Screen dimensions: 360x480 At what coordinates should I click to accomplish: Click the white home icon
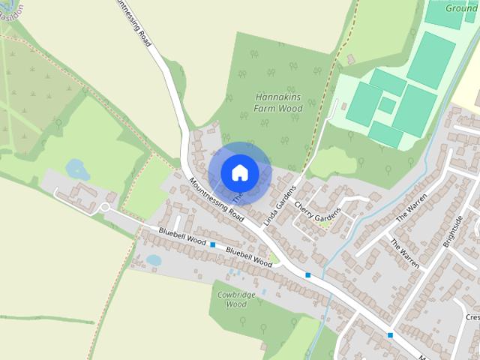click(x=239, y=172)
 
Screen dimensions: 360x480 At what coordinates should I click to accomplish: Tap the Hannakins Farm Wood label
click(x=278, y=103)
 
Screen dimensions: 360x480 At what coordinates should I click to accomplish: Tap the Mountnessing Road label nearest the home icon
click(x=217, y=200)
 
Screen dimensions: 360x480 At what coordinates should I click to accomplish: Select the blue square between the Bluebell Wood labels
click(x=213, y=245)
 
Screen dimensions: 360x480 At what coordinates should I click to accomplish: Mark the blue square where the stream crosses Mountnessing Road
click(x=307, y=275)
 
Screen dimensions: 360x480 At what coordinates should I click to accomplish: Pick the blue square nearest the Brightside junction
click(x=390, y=334)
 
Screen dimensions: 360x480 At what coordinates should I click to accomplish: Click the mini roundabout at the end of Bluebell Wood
click(x=106, y=208)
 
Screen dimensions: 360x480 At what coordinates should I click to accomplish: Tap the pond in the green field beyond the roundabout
click(x=77, y=169)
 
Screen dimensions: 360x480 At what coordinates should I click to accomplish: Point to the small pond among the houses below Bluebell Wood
click(x=154, y=260)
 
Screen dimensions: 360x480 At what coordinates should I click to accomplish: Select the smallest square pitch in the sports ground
click(x=386, y=104)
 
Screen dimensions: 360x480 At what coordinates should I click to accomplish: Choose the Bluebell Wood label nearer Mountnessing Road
click(x=248, y=258)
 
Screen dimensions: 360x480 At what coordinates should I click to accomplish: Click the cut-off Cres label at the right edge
click(x=472, y=318)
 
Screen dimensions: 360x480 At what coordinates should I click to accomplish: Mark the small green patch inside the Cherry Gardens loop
click(x=324, y=223)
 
